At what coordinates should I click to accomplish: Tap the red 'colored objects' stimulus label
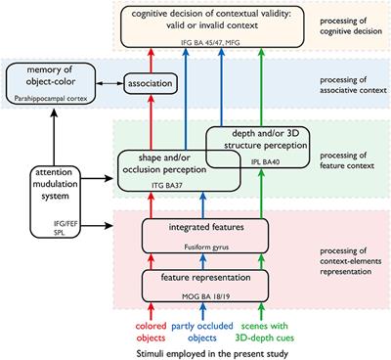[133, 329]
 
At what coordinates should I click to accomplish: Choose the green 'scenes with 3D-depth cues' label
[254, 329]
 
